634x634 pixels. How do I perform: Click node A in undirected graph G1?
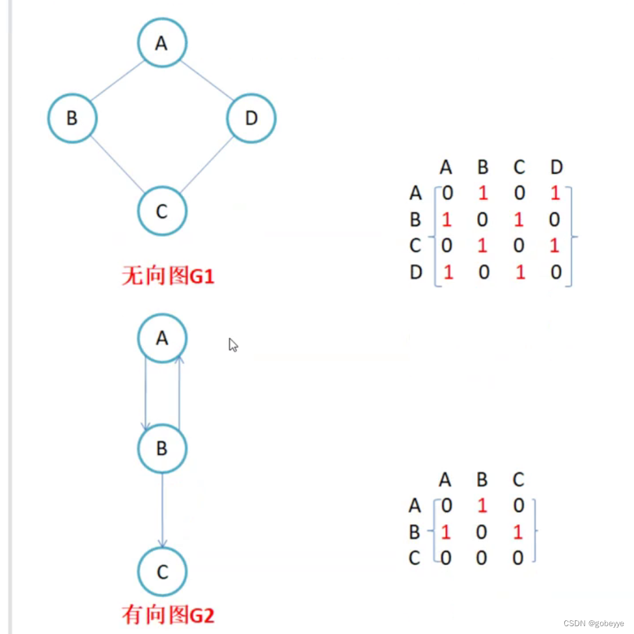[x=162, y=43]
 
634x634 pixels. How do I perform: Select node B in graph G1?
[x=72, y=118]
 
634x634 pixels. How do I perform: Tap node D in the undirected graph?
[x=251, y=118]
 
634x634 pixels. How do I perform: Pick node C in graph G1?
[x=162, y=211]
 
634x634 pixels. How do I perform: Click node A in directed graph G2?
[x=162, y=338]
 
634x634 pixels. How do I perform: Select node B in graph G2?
[x=162, y=448]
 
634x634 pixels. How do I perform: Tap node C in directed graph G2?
[x=162, y=572]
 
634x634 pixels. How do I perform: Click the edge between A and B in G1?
[x=117, y=81]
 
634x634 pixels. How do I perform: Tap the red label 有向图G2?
[x=168, y=614]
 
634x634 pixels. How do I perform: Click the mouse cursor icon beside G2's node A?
[x=233, y=345]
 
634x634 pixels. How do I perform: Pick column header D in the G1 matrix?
[x=556, y=168]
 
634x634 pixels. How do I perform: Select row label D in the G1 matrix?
[x=416, y=272]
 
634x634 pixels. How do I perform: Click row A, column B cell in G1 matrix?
[x=482, y=193]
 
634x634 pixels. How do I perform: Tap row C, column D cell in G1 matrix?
[x=555, y=246]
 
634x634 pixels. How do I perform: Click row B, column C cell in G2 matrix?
[x=518, y=532]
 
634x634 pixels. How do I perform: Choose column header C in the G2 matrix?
[x=518, y=480]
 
